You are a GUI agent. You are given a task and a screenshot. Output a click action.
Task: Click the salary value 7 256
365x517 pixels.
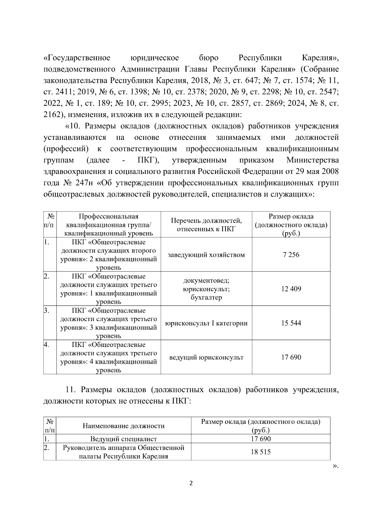point(291,255)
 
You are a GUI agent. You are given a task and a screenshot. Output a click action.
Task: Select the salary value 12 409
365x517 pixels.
point(291,289)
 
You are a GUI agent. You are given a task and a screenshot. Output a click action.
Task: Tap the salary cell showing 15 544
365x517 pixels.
point(291,323)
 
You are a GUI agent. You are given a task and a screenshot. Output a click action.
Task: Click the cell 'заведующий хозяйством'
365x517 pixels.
point(206,255)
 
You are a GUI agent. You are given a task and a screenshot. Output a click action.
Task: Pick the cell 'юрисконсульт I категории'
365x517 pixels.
point(206,323)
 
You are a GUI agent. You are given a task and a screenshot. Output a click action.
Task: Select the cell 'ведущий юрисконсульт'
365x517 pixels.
point(206,357)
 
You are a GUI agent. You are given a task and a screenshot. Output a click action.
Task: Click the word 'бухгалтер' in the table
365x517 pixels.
point(206,297)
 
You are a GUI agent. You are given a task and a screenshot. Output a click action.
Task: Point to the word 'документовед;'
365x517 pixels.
point(206,280)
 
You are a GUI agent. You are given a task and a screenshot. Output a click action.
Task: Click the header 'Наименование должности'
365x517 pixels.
point(123,426)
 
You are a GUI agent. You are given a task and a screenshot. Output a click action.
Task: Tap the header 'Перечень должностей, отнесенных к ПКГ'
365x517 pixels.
point(206,225)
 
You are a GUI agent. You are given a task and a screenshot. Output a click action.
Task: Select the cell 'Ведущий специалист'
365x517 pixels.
point(123,439)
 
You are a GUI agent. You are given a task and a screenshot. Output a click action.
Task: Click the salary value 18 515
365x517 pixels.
point(261,452)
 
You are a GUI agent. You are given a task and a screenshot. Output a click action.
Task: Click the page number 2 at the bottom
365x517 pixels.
point(191,483)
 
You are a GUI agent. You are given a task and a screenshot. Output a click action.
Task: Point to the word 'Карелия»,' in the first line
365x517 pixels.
point(320,58)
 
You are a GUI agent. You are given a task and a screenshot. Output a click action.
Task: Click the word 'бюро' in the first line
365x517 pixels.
point(209,58)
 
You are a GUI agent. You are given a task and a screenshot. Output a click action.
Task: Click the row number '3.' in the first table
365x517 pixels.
point(47,310)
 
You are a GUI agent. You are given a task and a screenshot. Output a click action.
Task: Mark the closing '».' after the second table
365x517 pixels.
point(335,466)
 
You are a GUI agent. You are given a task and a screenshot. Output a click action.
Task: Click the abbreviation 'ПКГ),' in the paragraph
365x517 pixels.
point(149,160)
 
